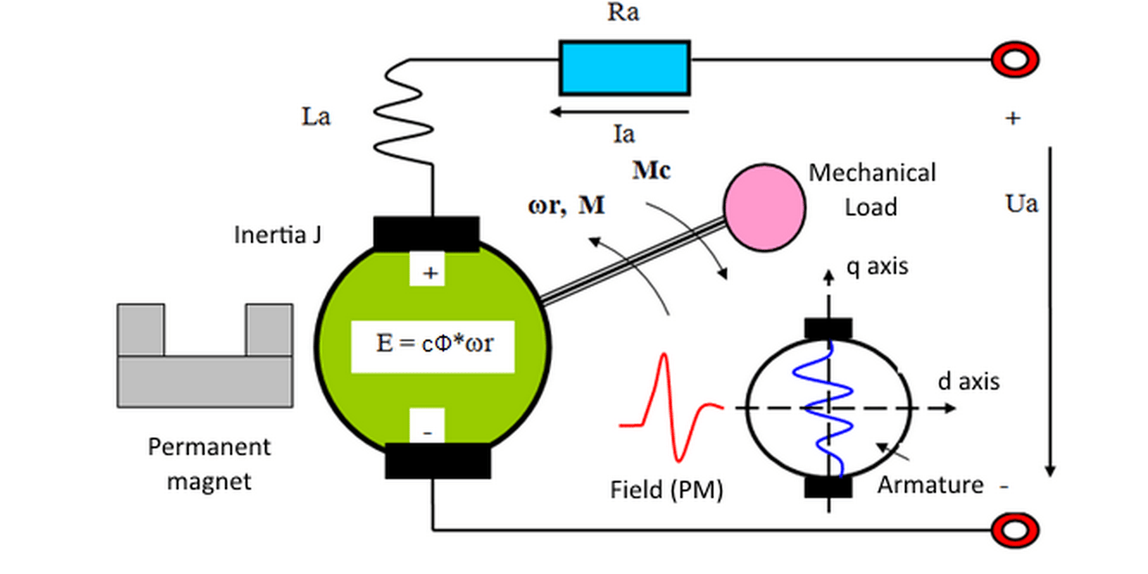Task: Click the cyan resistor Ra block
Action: (624, 68)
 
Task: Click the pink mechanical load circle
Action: (764, 208)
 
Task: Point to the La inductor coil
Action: (403, 113)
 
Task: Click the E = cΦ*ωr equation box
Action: (433, 346)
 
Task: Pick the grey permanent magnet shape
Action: (205, 381)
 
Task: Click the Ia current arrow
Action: (619, 112)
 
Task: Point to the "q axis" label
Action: (877, 266)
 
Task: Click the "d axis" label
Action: (969, 382)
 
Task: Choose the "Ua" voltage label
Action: (1021, 203)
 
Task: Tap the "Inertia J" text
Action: (278, 235)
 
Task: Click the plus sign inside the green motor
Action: (430, 273)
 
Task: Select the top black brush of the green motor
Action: (426, 234)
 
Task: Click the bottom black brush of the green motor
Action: (438, 461)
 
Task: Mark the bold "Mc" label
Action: (651, 171)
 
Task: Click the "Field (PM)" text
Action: (666, 490)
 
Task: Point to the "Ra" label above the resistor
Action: (624, 12)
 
